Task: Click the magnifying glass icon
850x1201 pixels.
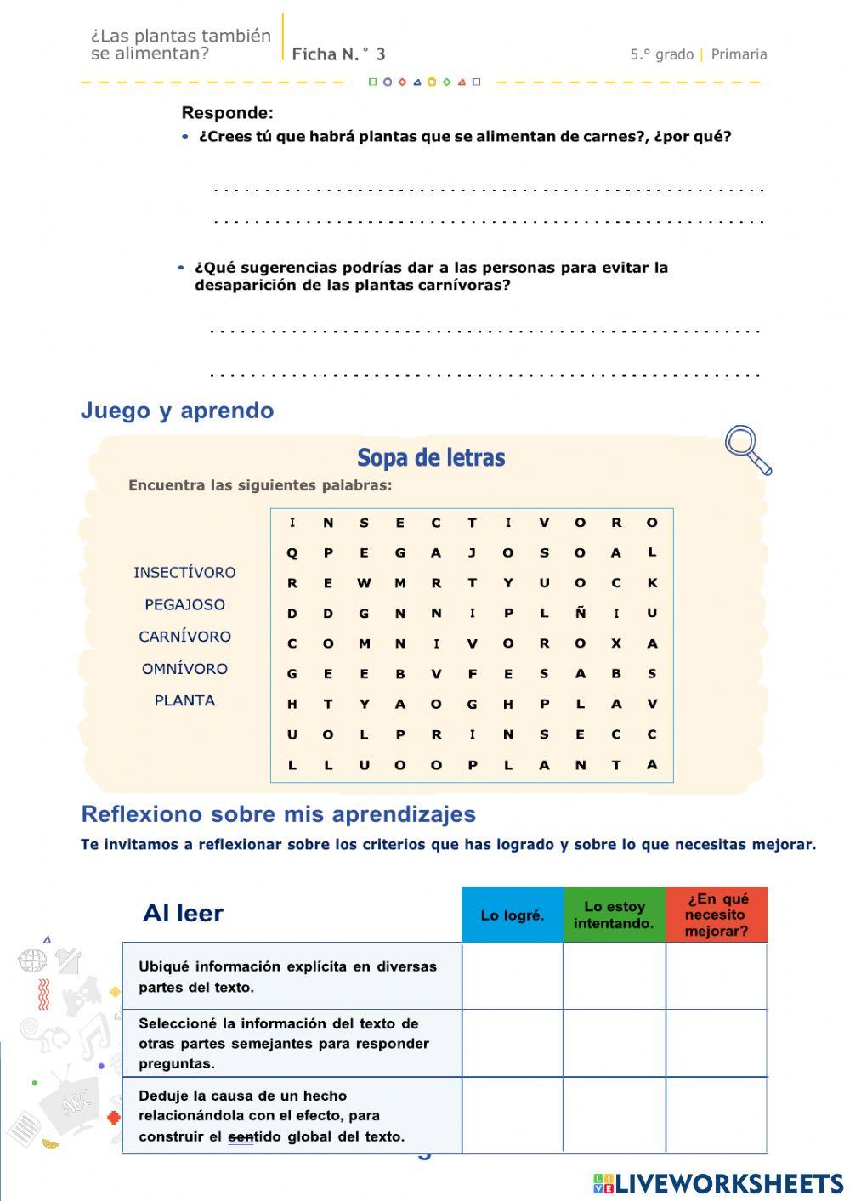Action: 747,449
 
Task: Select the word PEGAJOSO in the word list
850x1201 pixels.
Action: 184,604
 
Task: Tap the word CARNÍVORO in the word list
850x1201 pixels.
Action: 184,637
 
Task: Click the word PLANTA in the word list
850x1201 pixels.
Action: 184,700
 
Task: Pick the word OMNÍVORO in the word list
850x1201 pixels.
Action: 184,669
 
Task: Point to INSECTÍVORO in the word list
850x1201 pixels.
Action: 184,572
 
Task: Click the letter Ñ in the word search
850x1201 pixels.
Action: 580,613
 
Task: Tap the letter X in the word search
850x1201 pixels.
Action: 615,643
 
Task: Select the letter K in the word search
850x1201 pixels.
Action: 652,583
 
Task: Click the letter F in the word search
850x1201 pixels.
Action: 472,674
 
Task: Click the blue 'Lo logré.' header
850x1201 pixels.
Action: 513,915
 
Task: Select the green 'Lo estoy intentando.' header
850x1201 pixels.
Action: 615,915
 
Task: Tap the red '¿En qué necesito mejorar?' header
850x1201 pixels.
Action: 717,915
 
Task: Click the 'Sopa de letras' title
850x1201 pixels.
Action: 431,458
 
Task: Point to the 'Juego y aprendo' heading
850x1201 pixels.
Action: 177,411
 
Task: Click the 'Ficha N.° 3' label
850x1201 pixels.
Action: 338,54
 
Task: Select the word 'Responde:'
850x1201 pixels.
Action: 228,113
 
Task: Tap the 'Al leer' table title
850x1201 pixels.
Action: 183,914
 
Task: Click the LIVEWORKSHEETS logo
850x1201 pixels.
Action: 718,1183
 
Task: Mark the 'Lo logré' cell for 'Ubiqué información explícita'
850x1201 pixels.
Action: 513,976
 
